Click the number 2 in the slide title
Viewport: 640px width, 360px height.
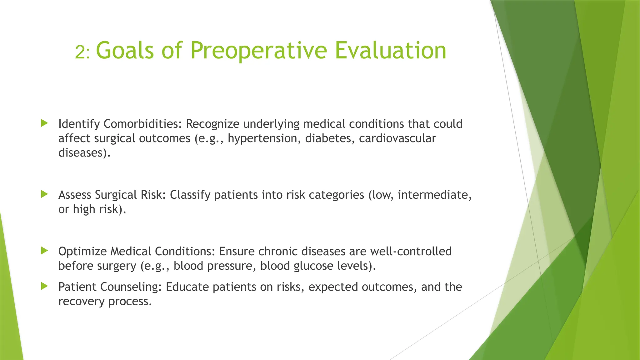click(80, 52)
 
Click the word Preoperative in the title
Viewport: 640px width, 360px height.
click(258, 51)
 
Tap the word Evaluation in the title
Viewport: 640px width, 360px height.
click(390, 51)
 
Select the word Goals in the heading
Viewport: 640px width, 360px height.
click(125, 51)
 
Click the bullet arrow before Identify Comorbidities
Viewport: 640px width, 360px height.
click(44, 123)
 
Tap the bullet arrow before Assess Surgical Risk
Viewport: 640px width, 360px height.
click(44, 194)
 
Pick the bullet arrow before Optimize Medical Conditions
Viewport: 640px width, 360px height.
click(44, 251)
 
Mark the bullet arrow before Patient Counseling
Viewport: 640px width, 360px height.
click(44, 286)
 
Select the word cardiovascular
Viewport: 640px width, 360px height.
click(397, 138)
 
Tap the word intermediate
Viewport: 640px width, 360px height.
click(434, 195)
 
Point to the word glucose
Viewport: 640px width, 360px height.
click(313, 266)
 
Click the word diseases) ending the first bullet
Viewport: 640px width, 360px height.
click(84, 153)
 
